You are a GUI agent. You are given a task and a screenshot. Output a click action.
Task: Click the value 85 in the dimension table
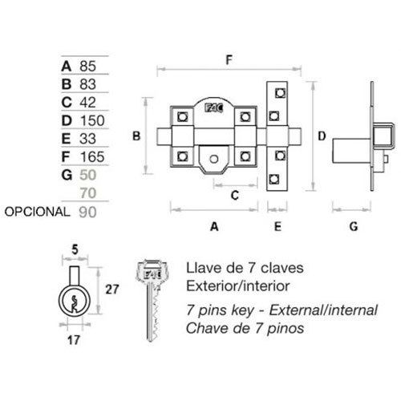point(87,66)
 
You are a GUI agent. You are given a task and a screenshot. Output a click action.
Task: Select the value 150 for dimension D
point(92,120)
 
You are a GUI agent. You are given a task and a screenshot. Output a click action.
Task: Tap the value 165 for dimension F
point(92,157)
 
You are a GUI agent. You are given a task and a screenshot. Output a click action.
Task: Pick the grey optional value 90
point(87,213)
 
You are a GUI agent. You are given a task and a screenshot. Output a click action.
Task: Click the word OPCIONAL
point(38,212)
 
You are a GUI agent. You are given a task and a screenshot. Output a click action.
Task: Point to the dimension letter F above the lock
point(229,60)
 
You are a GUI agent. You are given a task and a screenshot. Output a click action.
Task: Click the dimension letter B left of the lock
point(136,136)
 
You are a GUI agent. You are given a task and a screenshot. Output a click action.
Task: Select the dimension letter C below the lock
point(235,196)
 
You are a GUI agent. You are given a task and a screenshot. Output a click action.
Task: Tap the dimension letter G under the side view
point(354,227)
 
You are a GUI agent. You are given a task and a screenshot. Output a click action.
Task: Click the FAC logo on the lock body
point(214,108)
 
